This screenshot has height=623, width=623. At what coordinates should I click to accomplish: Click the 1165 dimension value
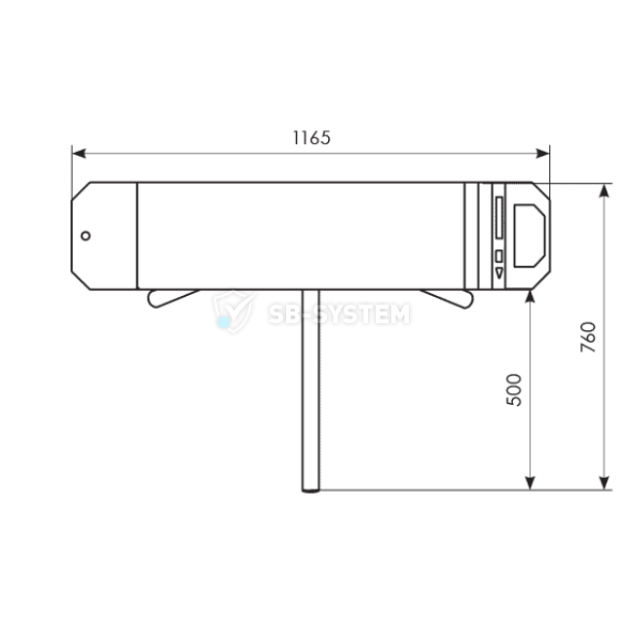click(x=311, y=138)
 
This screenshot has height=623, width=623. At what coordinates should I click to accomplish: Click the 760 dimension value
click(x=588, y=337)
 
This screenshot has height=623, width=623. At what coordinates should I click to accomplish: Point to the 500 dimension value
click(x=514, y=389)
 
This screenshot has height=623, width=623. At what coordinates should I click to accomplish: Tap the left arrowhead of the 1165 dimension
click(x=79, y=154)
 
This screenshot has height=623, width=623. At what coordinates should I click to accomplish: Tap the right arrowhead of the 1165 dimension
click(x=543, y=154)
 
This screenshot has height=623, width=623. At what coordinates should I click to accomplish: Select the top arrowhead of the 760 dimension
click(x=605, y=191)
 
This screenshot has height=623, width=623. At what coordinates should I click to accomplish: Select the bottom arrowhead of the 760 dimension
click(x=605, y=483)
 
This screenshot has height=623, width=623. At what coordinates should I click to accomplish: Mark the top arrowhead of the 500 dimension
click(x=530, y=297)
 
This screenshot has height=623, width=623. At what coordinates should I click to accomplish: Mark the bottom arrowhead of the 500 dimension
click(x=530, y=483)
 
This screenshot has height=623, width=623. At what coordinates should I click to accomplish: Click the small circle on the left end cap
click(x=86, y=236)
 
